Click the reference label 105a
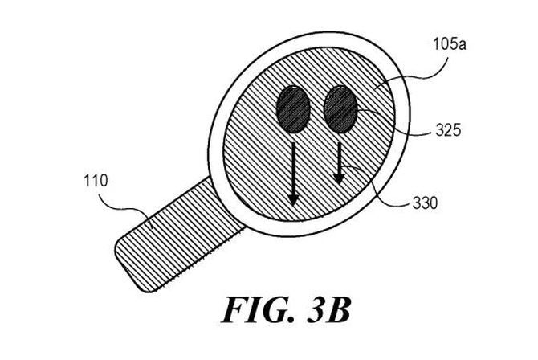[x=449, y=45]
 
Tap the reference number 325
[x=448, y=130]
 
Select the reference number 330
[x=425, y=203]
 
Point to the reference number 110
[x=96, y=181]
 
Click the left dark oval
[x=293, y=109]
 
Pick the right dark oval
[x=340, y=109]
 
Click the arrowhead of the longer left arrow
[x=293, y=199]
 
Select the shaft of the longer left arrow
[x=293, y=168]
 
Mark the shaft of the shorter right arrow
[x=340, y=158]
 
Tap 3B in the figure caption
[x=329, y=310]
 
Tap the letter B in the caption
[x=339, y=310]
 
